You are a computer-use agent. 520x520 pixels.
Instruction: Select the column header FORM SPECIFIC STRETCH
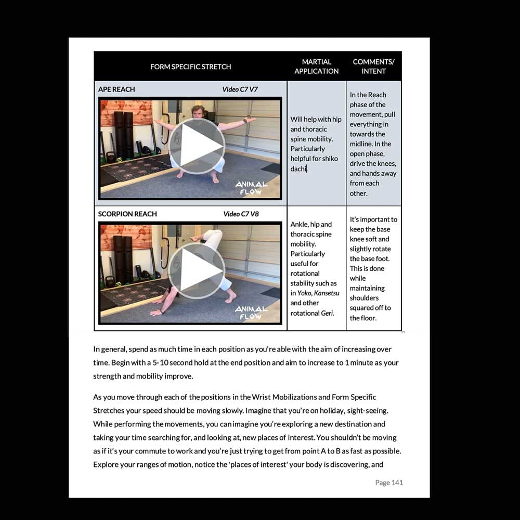tap(190, 67)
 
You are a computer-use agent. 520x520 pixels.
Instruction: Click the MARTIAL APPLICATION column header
tap(316, 67)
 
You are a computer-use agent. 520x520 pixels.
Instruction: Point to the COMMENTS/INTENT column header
tap(373, 67)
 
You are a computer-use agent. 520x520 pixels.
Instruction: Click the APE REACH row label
tap(116, 89)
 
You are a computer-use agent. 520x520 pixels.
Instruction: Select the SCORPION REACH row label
tap(127, 214)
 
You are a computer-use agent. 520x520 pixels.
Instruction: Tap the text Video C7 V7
tap(240, 89)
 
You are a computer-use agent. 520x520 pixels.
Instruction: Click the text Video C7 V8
tap(241, 214)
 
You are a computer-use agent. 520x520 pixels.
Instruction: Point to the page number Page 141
tap(389, 483)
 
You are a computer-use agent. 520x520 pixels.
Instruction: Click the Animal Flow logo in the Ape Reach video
tap(251, 188)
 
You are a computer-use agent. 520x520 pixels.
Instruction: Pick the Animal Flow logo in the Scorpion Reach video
tap(251, 313)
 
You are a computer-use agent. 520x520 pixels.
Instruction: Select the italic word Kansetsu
tap(326, 293)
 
